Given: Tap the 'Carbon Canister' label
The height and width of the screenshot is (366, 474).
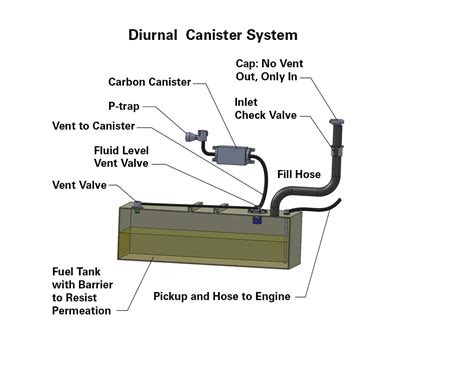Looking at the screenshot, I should (x=151, y=82).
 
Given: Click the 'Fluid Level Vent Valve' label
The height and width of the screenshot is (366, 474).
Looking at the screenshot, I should (x=119, y=157).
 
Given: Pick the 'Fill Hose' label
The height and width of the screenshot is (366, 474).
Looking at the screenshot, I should (x=299, y=174).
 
